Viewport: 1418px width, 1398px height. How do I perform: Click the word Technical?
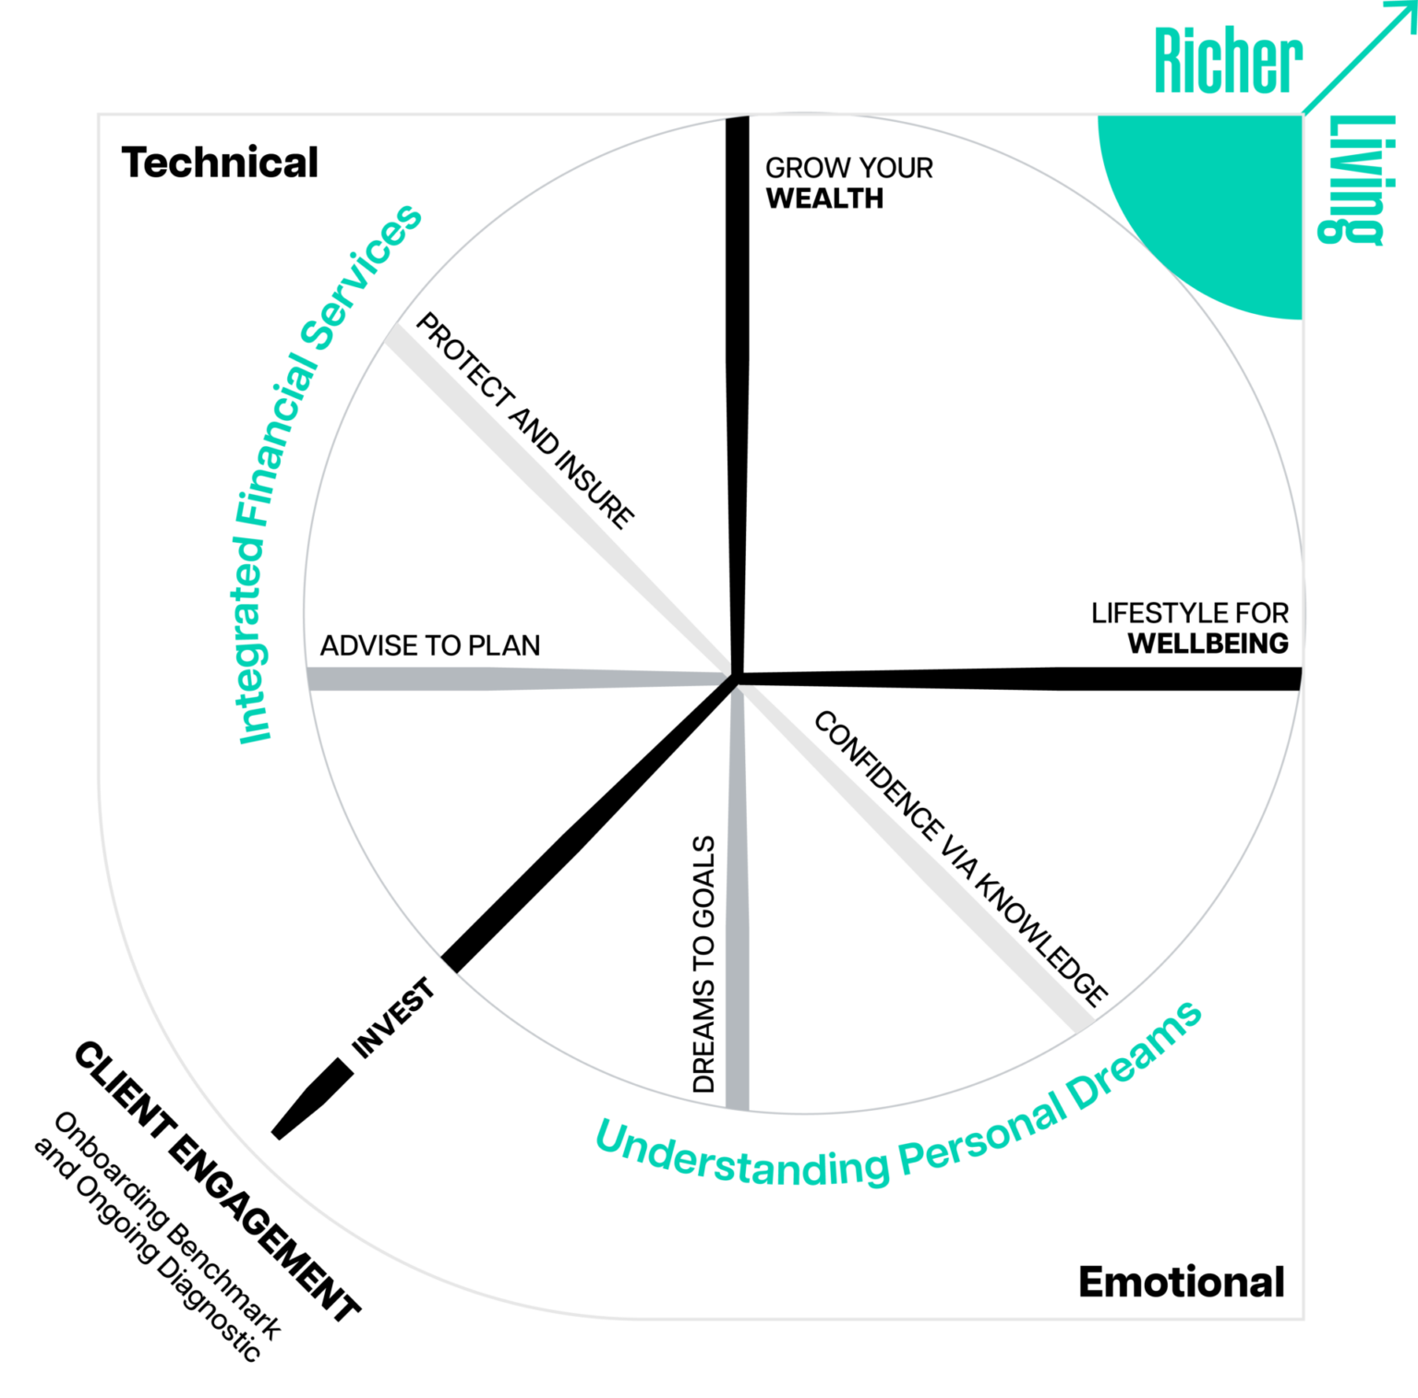coord(220,163)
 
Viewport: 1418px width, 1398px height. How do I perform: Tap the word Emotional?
coord(1182,1282)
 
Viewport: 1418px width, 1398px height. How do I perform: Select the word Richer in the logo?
coord(1229,60)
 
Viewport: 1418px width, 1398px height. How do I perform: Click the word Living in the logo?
coord(1354,180)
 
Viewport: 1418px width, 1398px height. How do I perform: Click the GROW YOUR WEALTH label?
coord(849,183)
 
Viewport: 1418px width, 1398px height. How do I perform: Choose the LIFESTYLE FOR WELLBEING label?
coord(1190,628)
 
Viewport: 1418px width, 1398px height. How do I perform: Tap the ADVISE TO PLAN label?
coord(430,645)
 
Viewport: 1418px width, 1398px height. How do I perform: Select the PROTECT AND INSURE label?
coord(525,420)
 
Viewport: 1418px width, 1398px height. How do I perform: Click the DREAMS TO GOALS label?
coord(703,964)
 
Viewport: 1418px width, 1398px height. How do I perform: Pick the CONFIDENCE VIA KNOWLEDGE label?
coord(960,859)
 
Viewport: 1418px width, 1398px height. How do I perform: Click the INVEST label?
coord(393,1017)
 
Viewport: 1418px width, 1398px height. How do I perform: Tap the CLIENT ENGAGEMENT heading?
coord(217,1181)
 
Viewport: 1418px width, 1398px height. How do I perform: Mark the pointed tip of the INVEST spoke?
coord(274,1137)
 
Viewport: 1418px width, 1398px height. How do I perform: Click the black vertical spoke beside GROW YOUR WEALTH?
coord(738,397)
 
